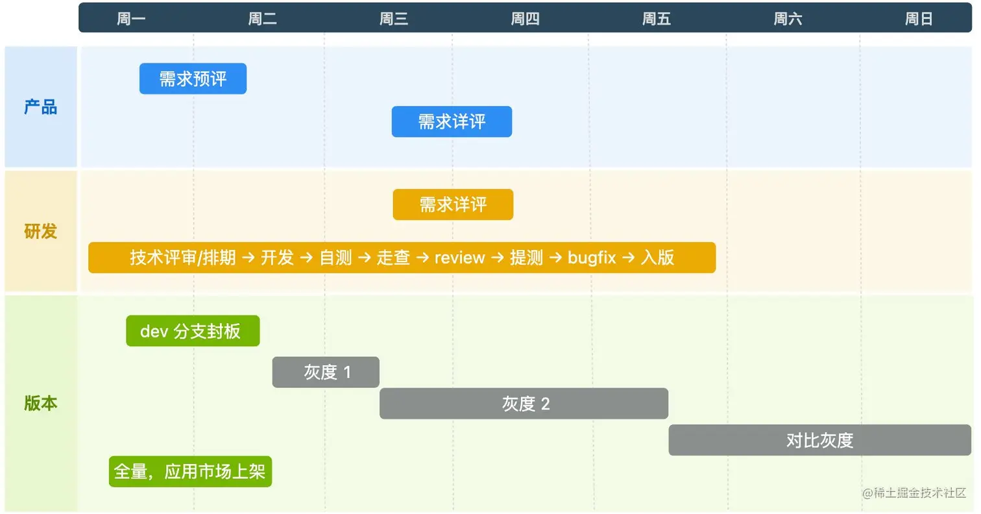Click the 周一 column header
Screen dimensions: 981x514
[x=131, y=19]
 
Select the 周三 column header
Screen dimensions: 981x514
[x=394, y=19]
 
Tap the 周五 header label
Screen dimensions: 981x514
[x=657, y=19]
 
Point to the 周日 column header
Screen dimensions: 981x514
[x=919, y=19]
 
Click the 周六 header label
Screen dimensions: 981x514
[x=788, y=19]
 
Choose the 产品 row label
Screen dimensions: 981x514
[x=40, y=107]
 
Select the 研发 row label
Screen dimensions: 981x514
[x=40, y=231]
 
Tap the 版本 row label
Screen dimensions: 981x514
[x=40, y=403]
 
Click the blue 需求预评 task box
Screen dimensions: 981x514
[x=193, y=79]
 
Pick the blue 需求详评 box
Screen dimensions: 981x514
[x=452, y=121]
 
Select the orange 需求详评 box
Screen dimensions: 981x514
[x=453, y=204]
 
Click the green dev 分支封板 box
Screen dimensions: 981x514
[x=193, y=331]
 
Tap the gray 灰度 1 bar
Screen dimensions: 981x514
[x=326, y=372]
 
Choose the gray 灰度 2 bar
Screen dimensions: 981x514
[x=524, y=404]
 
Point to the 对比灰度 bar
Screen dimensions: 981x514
[x=819, y=440]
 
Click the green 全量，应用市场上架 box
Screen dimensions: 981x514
[x=190, y=471]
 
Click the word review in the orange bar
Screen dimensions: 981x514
[x=459, y=258]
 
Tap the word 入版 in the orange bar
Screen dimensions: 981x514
[x=657, y=258]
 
